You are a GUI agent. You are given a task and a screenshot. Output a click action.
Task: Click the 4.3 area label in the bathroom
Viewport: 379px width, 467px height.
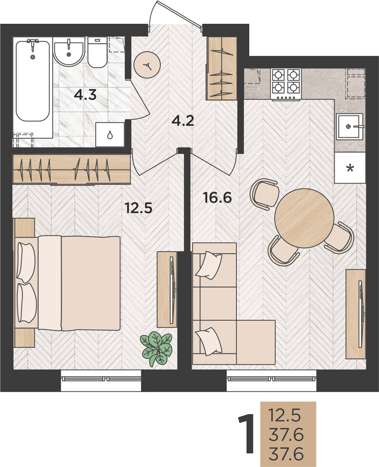(85, 96)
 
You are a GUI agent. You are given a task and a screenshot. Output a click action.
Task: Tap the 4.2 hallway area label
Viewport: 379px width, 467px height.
(183, 121)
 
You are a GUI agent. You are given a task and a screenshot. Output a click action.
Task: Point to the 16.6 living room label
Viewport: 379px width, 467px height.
(218, 198)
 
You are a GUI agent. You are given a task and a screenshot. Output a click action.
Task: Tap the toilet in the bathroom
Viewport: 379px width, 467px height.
(97, 52)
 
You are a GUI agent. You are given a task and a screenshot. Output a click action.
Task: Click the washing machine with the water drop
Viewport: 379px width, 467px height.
(110, 134)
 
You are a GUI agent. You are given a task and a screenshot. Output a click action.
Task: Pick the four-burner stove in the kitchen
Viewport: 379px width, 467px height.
(286, 84)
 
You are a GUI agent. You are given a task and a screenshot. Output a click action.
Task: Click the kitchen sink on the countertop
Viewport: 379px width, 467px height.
(350, 126)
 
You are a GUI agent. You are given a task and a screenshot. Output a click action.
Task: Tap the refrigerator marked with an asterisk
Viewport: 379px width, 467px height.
(350, 168)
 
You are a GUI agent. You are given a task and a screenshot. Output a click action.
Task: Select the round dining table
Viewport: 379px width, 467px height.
(304, 218)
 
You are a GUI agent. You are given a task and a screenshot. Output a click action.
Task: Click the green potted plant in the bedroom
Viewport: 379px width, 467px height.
(157, 348)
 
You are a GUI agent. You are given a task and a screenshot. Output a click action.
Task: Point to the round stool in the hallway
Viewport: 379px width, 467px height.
(147, 65)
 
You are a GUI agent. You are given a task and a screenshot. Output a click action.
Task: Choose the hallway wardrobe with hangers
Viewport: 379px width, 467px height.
(222, 68)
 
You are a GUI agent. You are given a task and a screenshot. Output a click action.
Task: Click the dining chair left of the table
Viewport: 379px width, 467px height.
(264, 195)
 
